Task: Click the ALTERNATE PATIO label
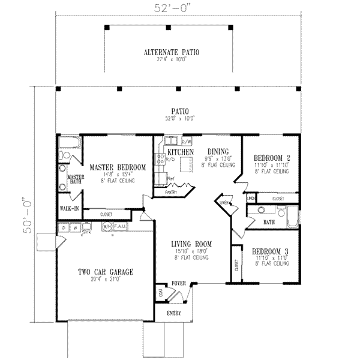click(171, 53)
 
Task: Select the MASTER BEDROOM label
click(118, 167)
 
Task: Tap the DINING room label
click(217, 152)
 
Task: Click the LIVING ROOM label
click(191, 244)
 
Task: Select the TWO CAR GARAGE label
click(105, 272)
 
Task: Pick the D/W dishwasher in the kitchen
click(185, 142)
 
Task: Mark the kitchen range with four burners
click(160, 160)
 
